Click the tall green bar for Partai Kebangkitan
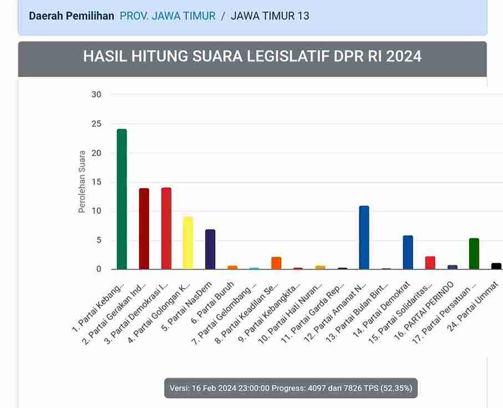coord(122,199)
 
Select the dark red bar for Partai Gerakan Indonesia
coord(144,229)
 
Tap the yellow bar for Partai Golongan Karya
coord(188,243)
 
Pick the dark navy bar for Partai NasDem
coord(210,249)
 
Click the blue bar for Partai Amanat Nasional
coord(364,238)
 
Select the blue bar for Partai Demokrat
coord(408,252)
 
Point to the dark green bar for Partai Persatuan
coord(474,254)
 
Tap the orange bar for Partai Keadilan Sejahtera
coord(276,263)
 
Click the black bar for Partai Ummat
coord(496,266)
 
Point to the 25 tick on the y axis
coord(96,124)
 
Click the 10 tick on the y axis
coord(96,211)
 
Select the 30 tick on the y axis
coord(96,95)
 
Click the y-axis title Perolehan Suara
coord(82,181)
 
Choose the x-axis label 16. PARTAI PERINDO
coord(424,310)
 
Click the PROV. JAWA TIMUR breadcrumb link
coord(167,16)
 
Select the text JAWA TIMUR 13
coord(270,16)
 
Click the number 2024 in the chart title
coord(404,56)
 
